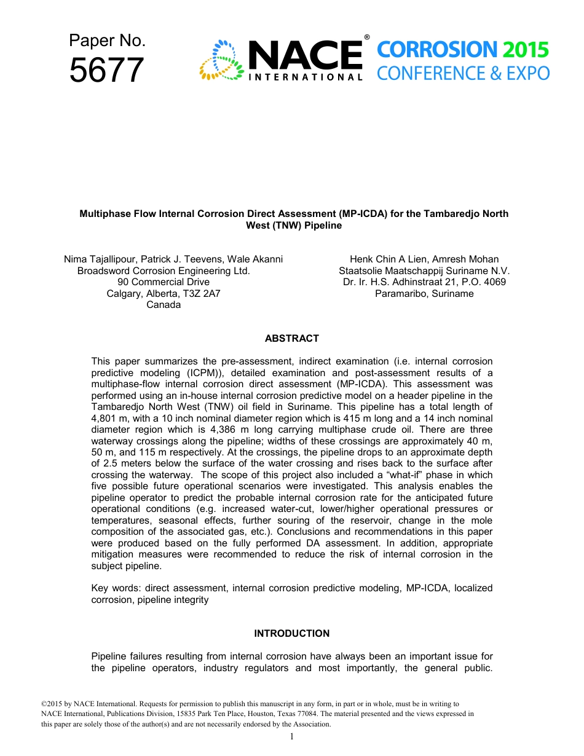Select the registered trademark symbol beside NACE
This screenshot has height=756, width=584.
[x=367, y=37]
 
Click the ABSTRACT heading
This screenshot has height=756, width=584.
[x=291, y=339]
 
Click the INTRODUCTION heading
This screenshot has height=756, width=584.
[x=291, y=634]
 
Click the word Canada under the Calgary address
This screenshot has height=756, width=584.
[x=164, y=305]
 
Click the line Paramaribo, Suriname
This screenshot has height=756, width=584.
[x=424, y=294]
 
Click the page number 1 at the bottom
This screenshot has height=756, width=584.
[x=292, y=737]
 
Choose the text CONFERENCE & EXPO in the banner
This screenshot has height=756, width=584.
[x=463, y=74]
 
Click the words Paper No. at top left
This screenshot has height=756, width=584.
[x=107, y=41]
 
